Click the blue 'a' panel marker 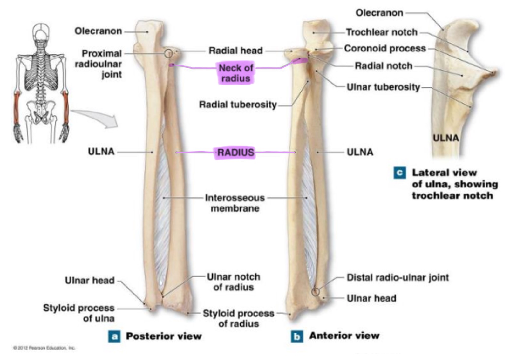pyautogui.click(x=114, y=336)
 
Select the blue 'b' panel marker pyautogui.click(x=296, y=336)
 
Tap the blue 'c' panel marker pyautogui.click(x=399, y=173)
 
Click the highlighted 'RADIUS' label pyautogui.click(x=235, y=153)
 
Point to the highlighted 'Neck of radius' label pyautogui.click(x=235, y=73)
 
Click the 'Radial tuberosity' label pyautogui.click(x=238, y=105)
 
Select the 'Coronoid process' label pyautogui.click(x=385, y=48)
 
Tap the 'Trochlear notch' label pyautogui.click(x=382, y=32)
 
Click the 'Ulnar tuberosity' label pyautogui.click(x=383, y=87)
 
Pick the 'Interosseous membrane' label pyautogui.click(x=235, y=203)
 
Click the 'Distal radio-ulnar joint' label pyautogui.click(x=398, y=277)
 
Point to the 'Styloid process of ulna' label pyautogui.click(x=79, y=313)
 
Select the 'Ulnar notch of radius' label pyautogui.click(x=234, y=282)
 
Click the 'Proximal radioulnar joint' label pyautogui.click(x=99, y=64)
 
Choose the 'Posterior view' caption pyautogui.click(x=164, y=336)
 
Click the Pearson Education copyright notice pyautogui.click(x=44, y=348)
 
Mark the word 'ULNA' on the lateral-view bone pyautogui.click(x=446, y=138)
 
